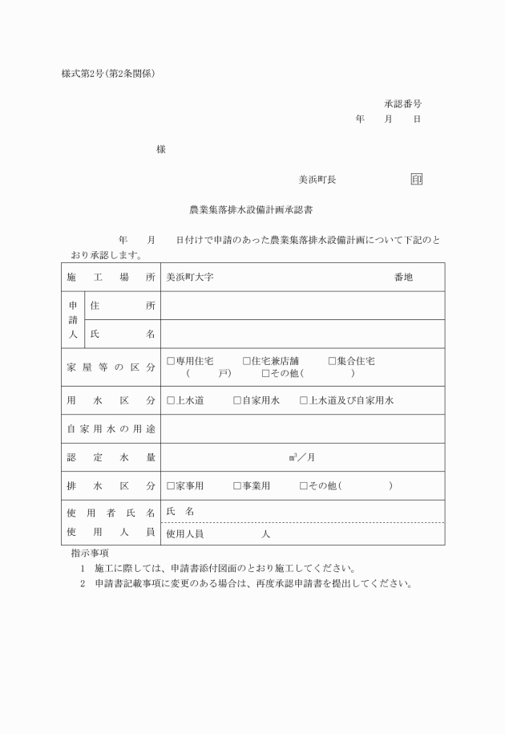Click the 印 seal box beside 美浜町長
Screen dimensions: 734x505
tap(416, 180)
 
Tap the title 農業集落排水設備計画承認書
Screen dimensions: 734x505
tap(251, 210)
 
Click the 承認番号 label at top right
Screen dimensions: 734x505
tap(402, 104)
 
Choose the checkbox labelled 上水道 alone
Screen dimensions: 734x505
tap(171, 400)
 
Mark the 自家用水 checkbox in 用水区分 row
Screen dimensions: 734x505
tap(237, 400)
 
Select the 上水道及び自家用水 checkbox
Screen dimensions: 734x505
tap(304, 400)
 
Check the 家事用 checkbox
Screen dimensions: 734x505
tap(171, 486)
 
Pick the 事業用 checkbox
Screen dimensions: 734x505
tap(237, 486)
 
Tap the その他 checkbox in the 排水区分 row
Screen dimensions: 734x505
tap(304, 486)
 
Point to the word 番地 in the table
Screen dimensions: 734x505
tap(403, 277)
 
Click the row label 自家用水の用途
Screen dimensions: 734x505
tap(111, 429)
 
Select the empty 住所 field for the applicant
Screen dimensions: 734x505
tap(303, 306)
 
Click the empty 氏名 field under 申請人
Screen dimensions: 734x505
tap(303, 334)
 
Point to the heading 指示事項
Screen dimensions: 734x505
tap(90, 553)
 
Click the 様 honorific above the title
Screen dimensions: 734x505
tap(161, 149)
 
